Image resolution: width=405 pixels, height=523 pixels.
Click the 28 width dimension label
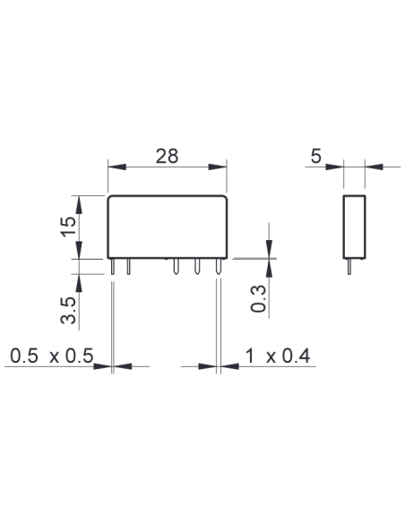[x=167, y=156]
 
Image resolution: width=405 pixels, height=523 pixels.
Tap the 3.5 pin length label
[x=68, y=310]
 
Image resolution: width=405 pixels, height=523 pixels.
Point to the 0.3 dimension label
[x=259, y=299]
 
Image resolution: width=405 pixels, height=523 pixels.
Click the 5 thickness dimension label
[x=315, y=156]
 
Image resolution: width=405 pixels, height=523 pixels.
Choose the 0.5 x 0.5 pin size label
[x=51, y=356]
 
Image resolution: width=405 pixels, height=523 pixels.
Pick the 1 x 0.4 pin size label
[x=278, y=356]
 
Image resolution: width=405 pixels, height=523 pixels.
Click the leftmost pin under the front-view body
[x=113, y=267]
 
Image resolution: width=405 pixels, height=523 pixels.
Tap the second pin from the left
[x=129, y=267]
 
